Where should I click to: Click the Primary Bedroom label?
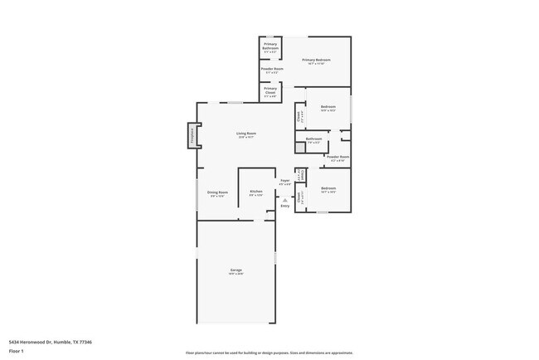[316, 60]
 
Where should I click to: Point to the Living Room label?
[245, 133]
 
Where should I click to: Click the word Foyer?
[284, 180]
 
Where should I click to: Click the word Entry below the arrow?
[284, 206]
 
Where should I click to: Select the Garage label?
[236, 270]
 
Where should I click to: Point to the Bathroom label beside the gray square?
[313, 139]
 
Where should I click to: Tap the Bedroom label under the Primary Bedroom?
[328, 107]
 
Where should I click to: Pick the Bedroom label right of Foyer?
[328, 188]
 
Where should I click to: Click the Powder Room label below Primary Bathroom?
[272, 69]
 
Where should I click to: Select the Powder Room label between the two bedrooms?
[337, 157]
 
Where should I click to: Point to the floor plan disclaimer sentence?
[269, 353]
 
